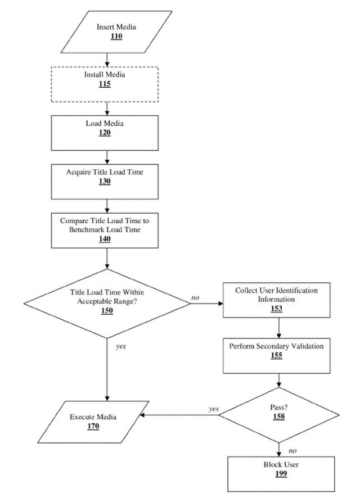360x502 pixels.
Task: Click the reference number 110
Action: [x=116, y=36]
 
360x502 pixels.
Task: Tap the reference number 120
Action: [x=105, y=133]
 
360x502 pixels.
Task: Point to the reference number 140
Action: [x=105, y=239]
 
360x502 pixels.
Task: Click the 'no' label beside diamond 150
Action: [x=195, y=298]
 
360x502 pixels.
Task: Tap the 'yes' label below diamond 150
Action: [x=121, y=346]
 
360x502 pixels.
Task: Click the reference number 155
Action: [x=276, y=355]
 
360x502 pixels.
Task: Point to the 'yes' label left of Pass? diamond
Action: [x=214, y=409]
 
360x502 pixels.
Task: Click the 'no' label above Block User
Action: [x=292, y=451]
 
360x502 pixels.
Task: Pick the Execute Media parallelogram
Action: [x=93, y=422]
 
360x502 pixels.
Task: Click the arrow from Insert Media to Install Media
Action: [x=107, y=60]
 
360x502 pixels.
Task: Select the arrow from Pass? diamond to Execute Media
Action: [x=179, y=415]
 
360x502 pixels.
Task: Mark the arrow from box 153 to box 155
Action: [x=279, y=328]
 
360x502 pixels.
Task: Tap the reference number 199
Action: [x=281, y=473]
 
